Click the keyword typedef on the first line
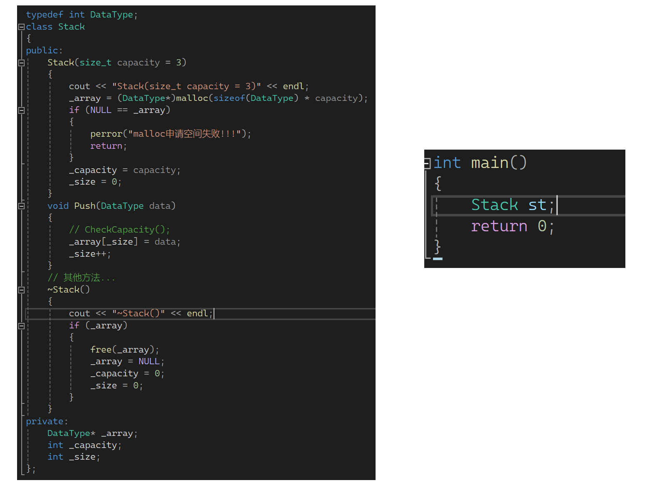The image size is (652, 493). [44, 15]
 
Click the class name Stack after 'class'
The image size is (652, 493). [71, 27]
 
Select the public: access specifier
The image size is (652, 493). [44, 50]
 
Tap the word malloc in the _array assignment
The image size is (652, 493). [192, 98]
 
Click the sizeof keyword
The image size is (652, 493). [229, 98]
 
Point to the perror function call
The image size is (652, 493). [106, 134]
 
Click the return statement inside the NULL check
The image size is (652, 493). [106, 146]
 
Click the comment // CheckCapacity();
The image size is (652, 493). [119, 230]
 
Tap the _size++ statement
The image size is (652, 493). [90, 254]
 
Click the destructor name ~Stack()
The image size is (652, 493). [68, 290]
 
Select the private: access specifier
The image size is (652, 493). [47, 421]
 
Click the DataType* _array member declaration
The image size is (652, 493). [92, 433]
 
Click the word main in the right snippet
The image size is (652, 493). [490, 163]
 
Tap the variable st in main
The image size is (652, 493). [537, 205]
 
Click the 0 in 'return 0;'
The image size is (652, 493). [542, 226]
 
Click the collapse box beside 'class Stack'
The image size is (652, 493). [21, 27]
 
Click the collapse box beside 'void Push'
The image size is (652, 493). [21, 206]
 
